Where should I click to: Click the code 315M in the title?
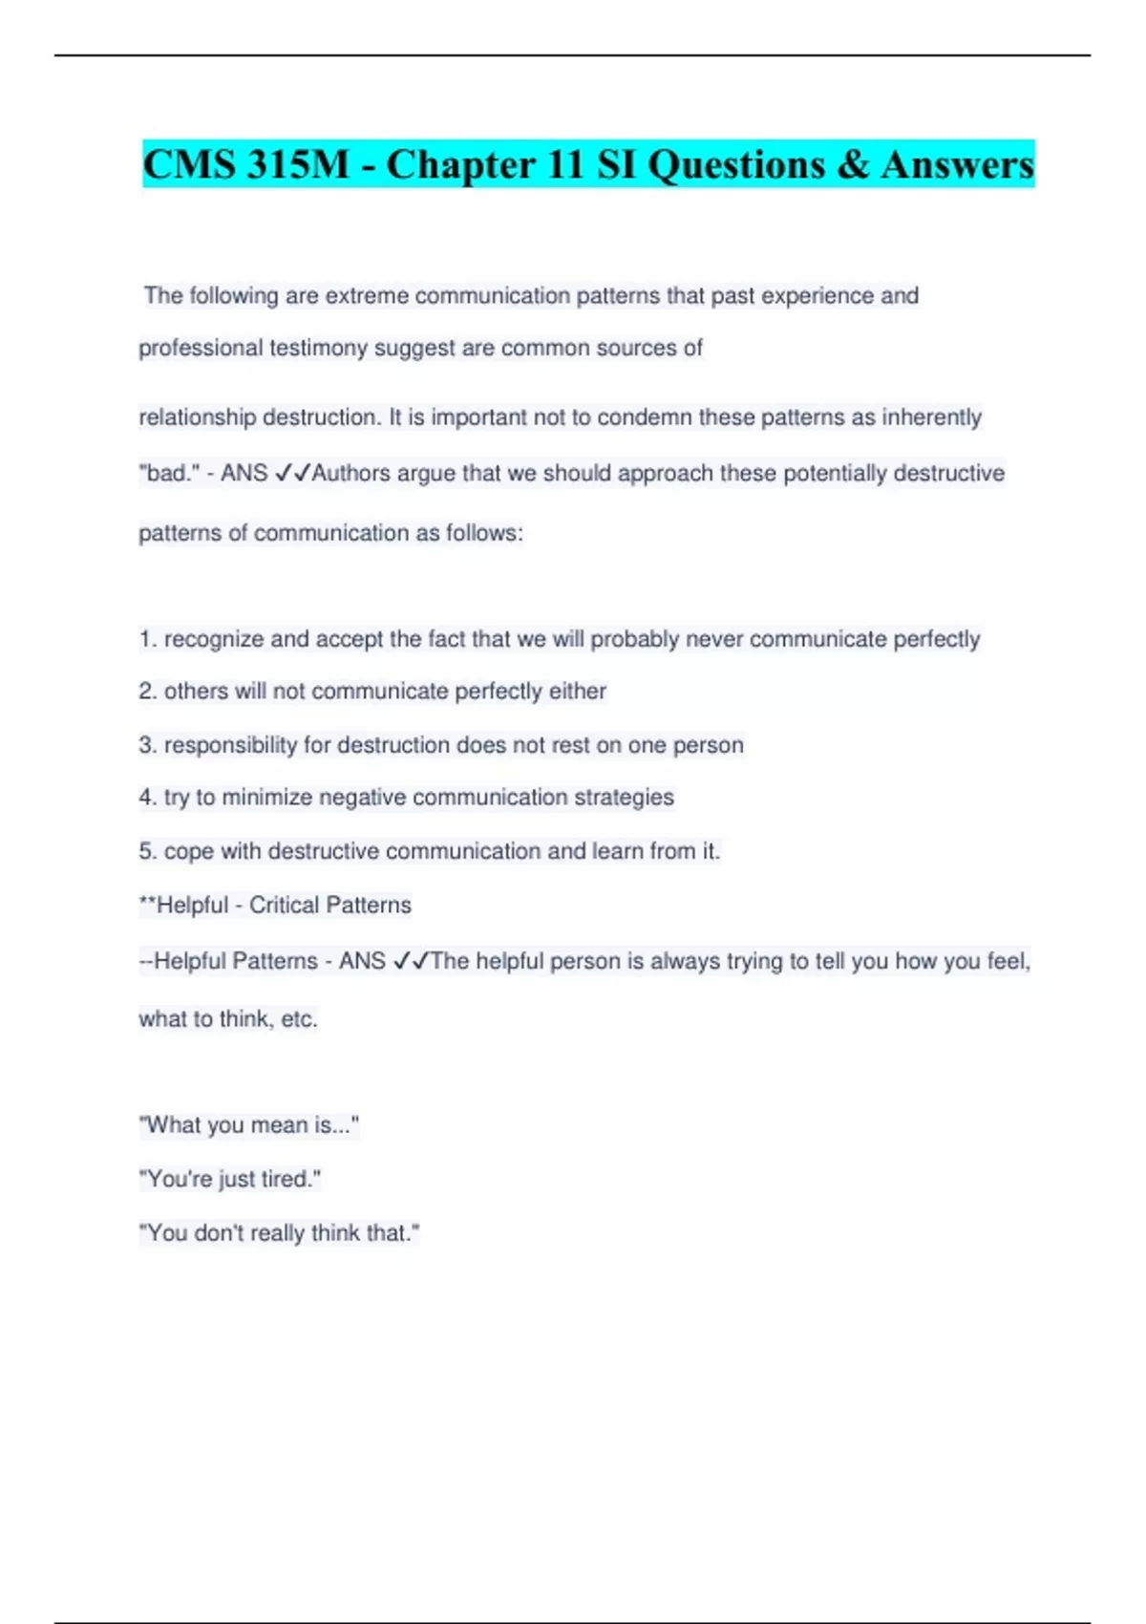click(298, 164)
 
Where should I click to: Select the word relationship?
click(197, 417)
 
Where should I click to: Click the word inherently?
click(931, 417)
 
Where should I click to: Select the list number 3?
click(146, 745)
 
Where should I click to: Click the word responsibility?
click(230, 745)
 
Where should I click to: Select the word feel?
click(1004, 961)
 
